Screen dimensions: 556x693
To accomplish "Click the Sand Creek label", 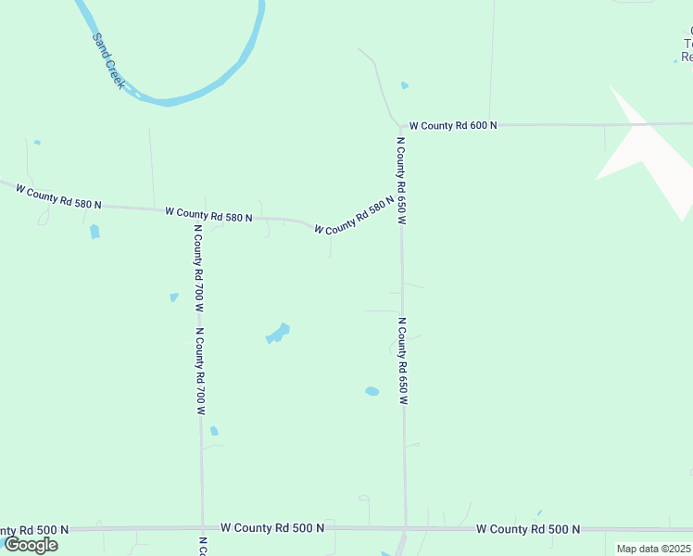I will click(x=108, y=61).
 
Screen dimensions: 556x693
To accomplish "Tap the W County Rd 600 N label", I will click(x=453, y=125).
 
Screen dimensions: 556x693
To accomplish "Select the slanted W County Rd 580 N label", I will click(x=348, y=218).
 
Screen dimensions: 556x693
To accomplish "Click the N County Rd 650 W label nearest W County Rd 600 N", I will click(x=401, y=180).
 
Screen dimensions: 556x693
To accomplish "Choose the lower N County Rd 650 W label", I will click(x=403, y=361).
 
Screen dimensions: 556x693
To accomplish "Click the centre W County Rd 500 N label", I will click(x=271, y=528).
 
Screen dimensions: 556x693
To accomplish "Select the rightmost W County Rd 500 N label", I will click(x=527, y=529).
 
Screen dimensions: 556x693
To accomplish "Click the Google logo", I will click(x=31, y=545).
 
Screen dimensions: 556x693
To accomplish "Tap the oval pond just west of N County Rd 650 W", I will click(x=372, y=391).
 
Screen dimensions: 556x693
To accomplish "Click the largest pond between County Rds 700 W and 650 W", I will click(x=278, y=332).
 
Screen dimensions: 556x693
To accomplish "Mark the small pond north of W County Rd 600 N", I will click(x=405, y=86).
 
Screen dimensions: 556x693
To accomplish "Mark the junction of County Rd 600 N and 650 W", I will click(x=401, y=125).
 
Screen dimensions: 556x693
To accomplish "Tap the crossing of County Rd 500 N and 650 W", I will click(x=405, y=528).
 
